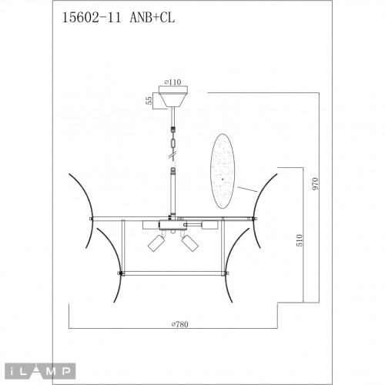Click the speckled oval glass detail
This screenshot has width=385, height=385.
[224, 169]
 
